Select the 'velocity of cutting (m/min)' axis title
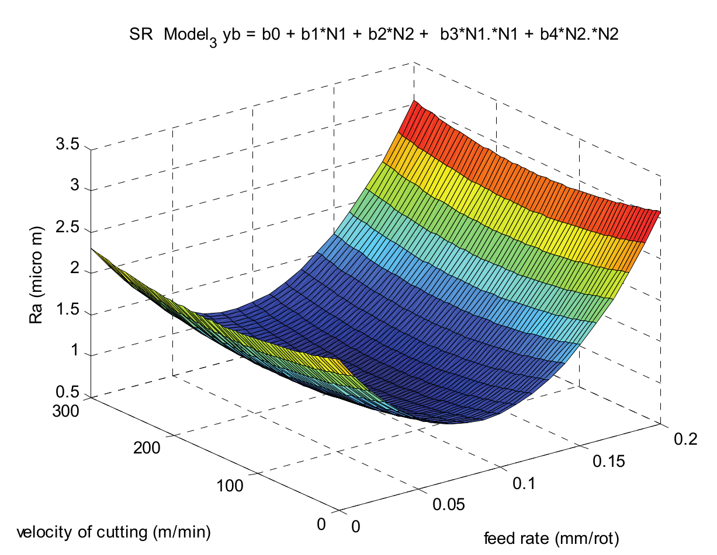(x=113, y=532)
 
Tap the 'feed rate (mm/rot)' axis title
(x=551, y=537)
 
